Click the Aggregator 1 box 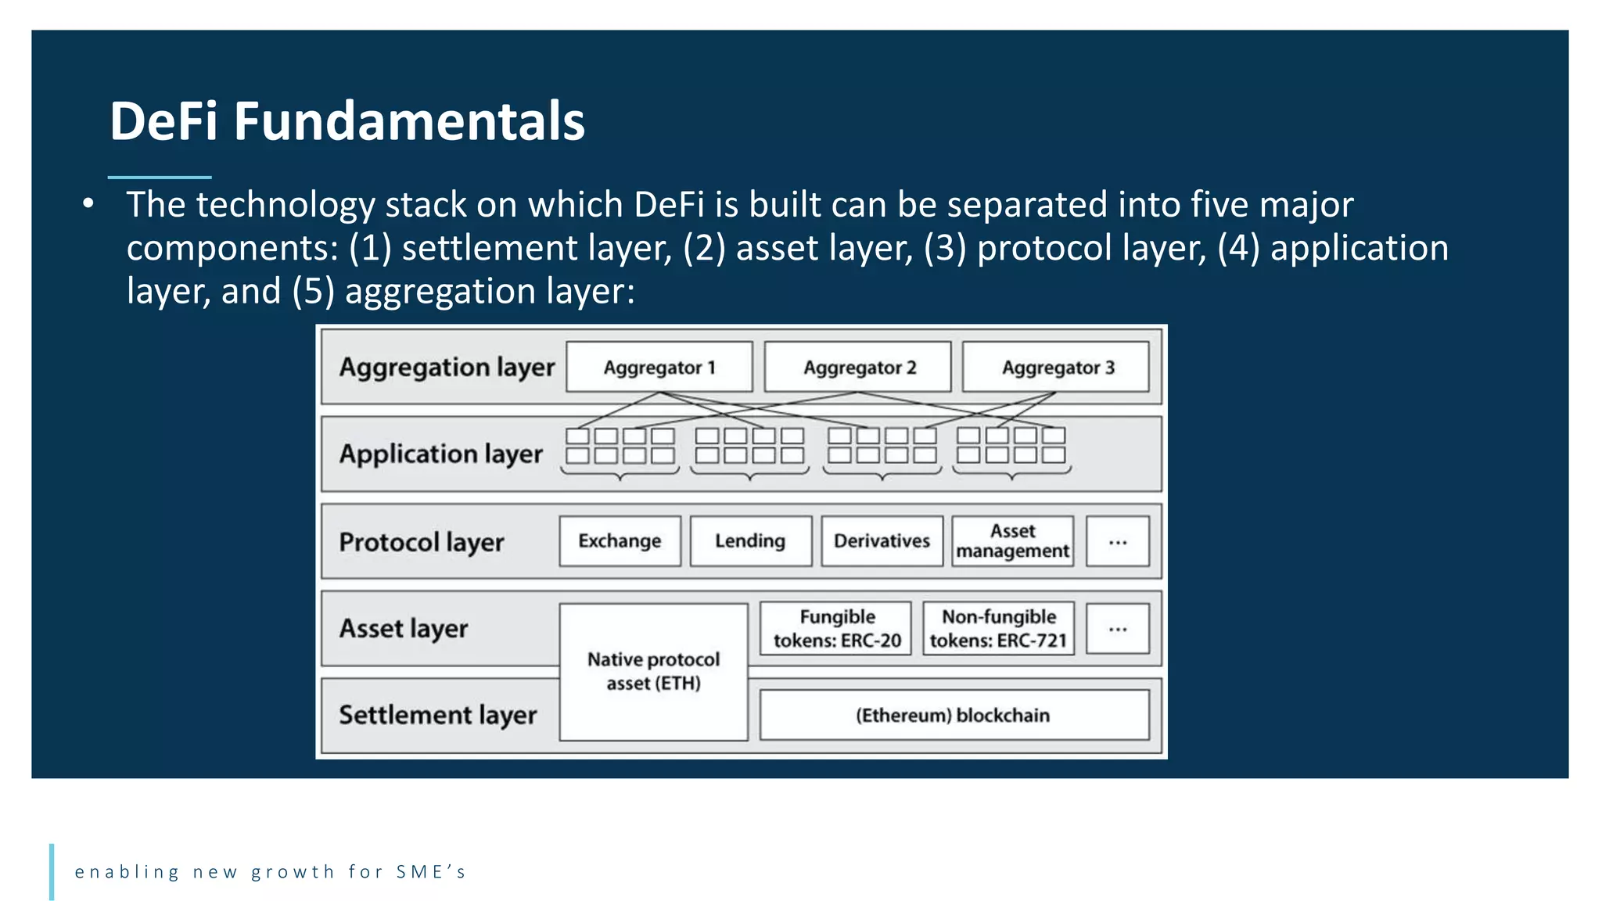click(x=659, y=367)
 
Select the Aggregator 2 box click(x=857, y=367)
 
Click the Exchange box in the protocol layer click(x=620, y=541)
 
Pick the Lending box click(x=750, y=541)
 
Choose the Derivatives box click(x=882, y=541)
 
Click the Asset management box click(x=1012, y=541)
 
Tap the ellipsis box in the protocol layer click(x=1118, y=541)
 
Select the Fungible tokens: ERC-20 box click(x=836, y=628)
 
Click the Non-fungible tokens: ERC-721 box click(x=998, y=628)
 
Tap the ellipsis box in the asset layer click(x=1118, y=628)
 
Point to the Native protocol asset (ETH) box click(x=653, y=671)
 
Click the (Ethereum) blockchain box click(x=954, y=715)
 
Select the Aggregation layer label click(x=447, y=367)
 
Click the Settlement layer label click(x=437, y=715)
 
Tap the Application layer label click(x=440, y=454)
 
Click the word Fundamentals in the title click(x=409, y=122)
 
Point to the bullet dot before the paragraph click(x=88, y=204)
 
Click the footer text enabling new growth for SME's click(x=270, y=872)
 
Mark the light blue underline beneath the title click(x=160, y=178)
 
